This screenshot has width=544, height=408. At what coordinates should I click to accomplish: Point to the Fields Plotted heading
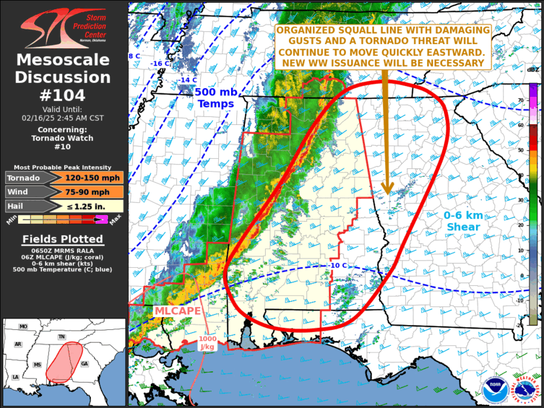(x=63, y=239)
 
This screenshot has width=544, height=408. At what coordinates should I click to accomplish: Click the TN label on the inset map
(x=61, y=337)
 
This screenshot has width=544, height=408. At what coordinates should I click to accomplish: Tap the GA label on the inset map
(x=83, y=364)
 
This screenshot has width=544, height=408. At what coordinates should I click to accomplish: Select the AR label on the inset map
(x=19, y=345)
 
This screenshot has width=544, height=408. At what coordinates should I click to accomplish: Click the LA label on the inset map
(x=15, y=377)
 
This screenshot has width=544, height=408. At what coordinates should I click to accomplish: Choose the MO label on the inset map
(x=23, y=327)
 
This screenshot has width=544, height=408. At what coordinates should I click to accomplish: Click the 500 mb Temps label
(x=215, y=98)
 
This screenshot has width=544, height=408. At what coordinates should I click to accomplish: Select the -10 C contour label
(x=338, y=266)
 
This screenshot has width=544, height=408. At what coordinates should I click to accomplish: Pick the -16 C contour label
(x=158, y=64)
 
